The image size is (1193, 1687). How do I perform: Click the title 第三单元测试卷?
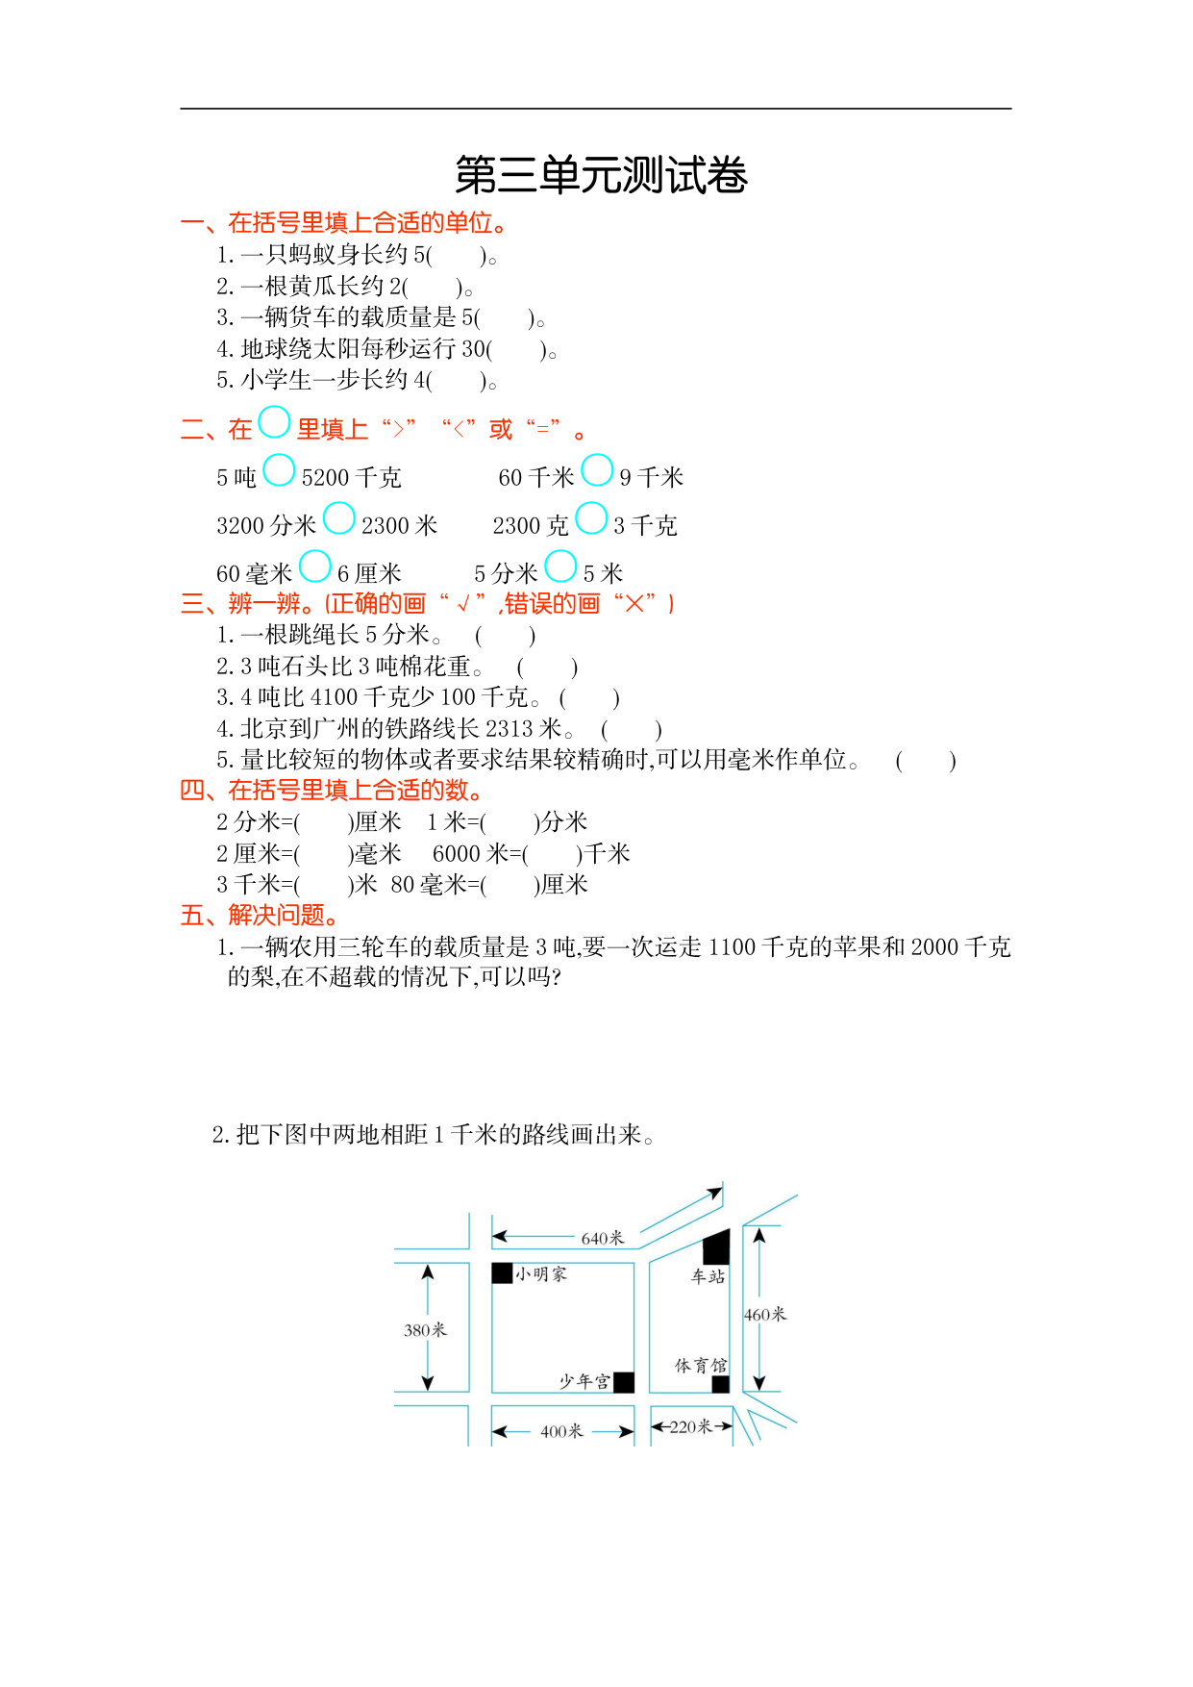coord(601,175)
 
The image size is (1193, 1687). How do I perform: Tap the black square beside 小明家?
coord(502,1272)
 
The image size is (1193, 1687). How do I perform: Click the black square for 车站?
coord(716,1247)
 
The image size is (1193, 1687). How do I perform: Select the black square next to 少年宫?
coord(624,1382)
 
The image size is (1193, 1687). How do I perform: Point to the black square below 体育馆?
coord(720,1384)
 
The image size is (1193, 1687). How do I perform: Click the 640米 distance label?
coord(603,1238)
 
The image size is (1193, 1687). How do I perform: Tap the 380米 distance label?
coord(425,1330)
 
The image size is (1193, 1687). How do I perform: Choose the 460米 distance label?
coord(765,1314)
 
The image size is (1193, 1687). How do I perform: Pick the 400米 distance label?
coord(561,1431)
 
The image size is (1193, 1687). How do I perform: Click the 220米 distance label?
coord(690,1426)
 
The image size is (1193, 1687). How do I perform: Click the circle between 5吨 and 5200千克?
coord(279,470)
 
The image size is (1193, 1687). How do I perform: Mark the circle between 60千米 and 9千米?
coord(597,470)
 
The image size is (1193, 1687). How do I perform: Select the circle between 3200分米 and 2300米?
coord(338,518)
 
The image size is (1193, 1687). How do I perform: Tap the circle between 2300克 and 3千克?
coord(591,518)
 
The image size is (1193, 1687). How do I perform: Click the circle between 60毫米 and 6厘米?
coord(314,567)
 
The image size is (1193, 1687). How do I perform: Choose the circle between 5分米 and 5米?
coord(560,567)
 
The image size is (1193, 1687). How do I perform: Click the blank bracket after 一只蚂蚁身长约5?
coord(457,255)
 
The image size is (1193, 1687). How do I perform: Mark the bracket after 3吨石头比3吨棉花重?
coord(547,667)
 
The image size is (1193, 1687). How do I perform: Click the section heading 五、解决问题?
coord(260,915)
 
